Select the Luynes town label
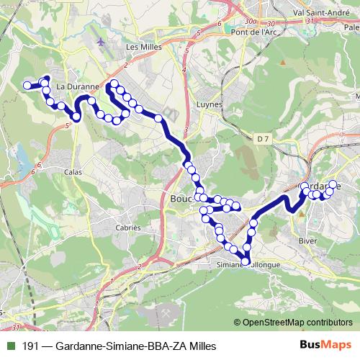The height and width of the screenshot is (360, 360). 209,104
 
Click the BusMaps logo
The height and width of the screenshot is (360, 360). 325,346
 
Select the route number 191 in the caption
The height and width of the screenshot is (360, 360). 31,346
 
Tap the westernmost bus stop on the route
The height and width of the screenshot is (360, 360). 27,86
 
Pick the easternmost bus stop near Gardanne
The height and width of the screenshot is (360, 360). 333,184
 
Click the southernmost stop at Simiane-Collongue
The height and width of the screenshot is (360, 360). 246,261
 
